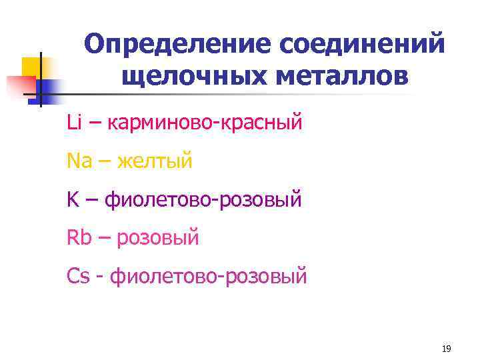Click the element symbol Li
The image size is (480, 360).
tap(73, 122)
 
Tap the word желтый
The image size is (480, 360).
tap(155, 161)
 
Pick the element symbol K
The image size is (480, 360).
tap(72, 199)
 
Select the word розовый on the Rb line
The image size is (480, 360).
tap(158, 237)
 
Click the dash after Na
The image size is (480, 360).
tap(105, 161)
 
